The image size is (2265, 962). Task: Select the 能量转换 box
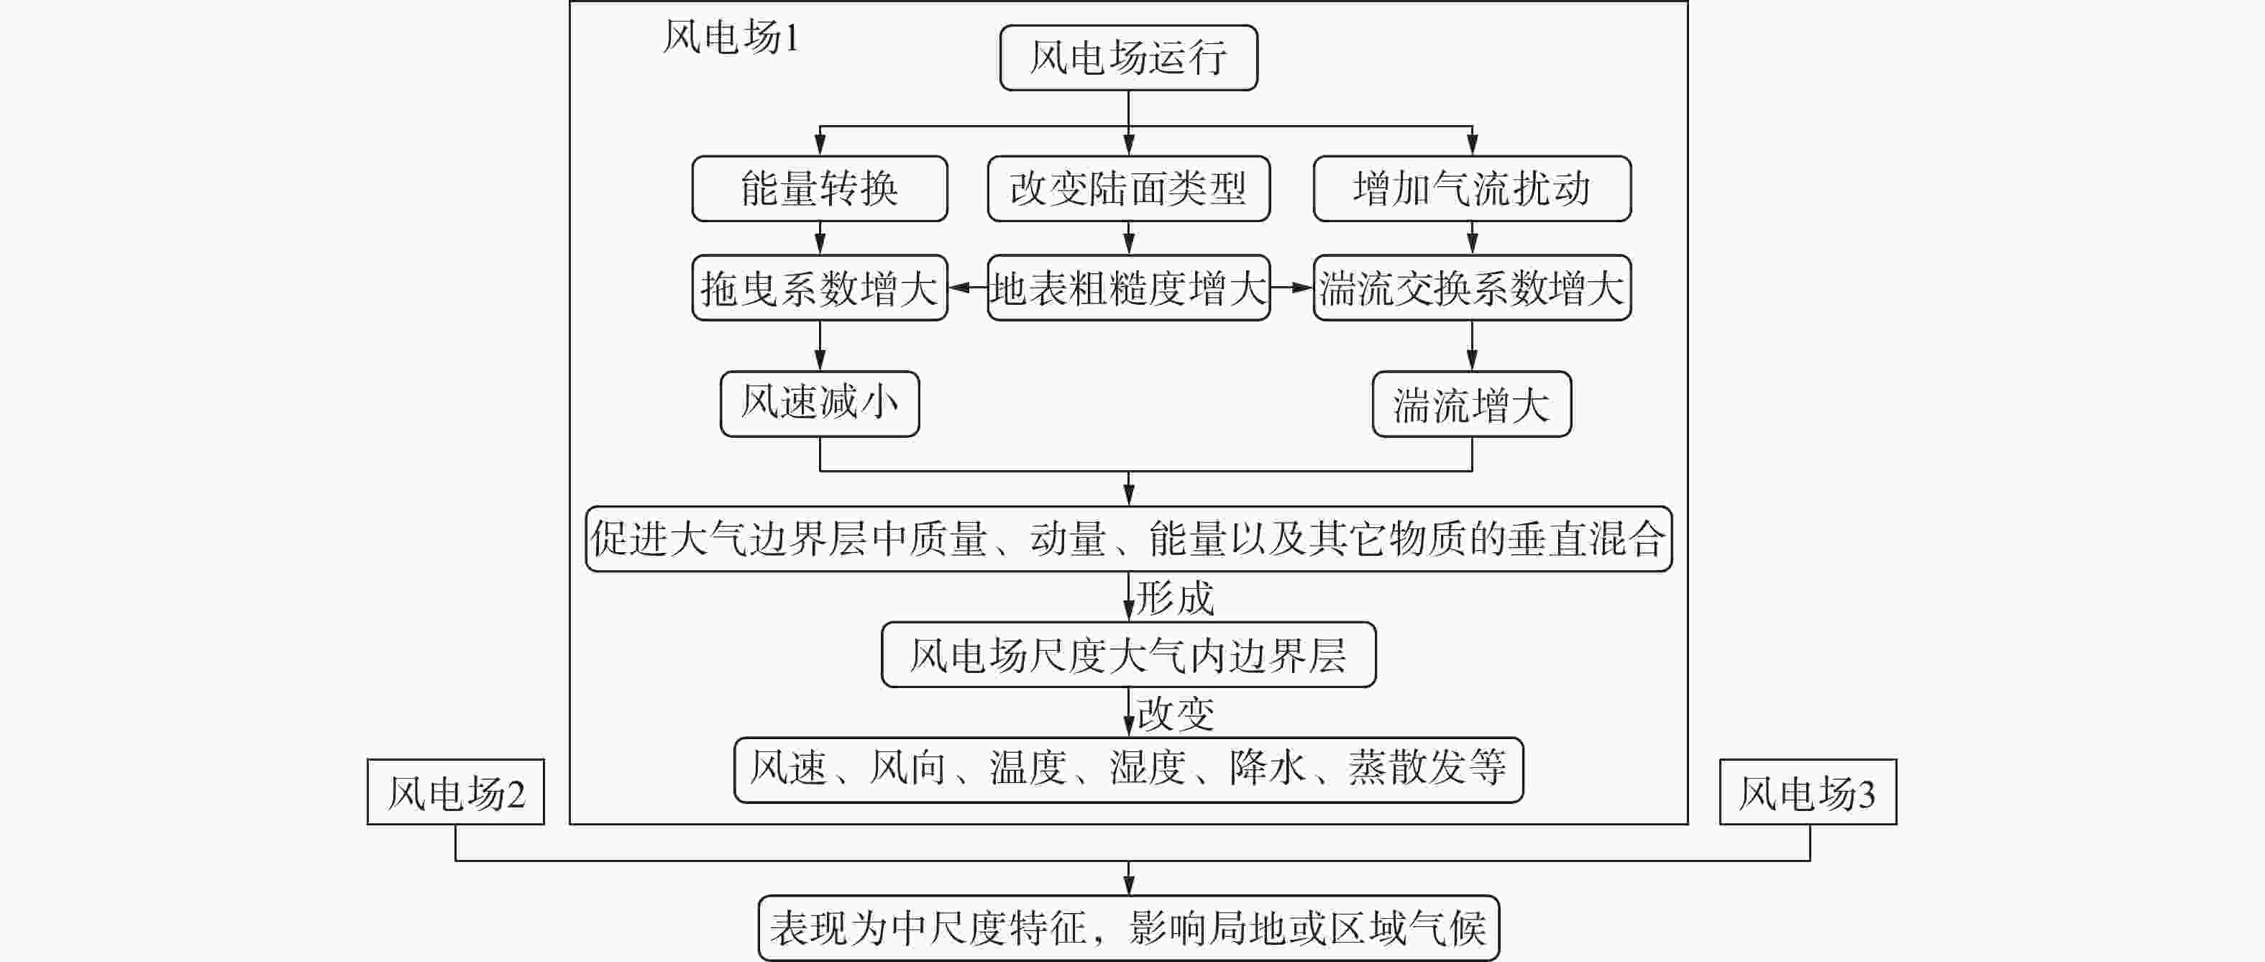coord(820,189)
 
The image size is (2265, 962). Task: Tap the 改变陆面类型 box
coord(1128,189)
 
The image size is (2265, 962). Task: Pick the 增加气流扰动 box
coord(1472,189)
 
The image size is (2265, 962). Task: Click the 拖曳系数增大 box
coord(820,288)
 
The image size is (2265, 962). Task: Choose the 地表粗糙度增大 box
coord(1128,288)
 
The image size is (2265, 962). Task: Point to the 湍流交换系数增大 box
coord(1472,288)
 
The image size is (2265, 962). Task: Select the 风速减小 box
coord(820,403)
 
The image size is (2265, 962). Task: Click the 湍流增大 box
coord(1472,403)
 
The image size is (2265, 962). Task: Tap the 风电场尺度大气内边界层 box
coord(1128,655)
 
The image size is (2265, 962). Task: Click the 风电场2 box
coord(455,792)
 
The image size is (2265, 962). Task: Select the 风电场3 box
coord(1808,792)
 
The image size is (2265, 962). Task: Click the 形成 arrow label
coord(1176,598)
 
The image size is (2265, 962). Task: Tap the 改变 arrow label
coord(1176,713)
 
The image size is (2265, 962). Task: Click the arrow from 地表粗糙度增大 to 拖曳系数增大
coord(967,288)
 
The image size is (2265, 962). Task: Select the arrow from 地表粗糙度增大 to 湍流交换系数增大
coord(1291,288)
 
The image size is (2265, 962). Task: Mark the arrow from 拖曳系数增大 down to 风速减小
coord(820,346)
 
